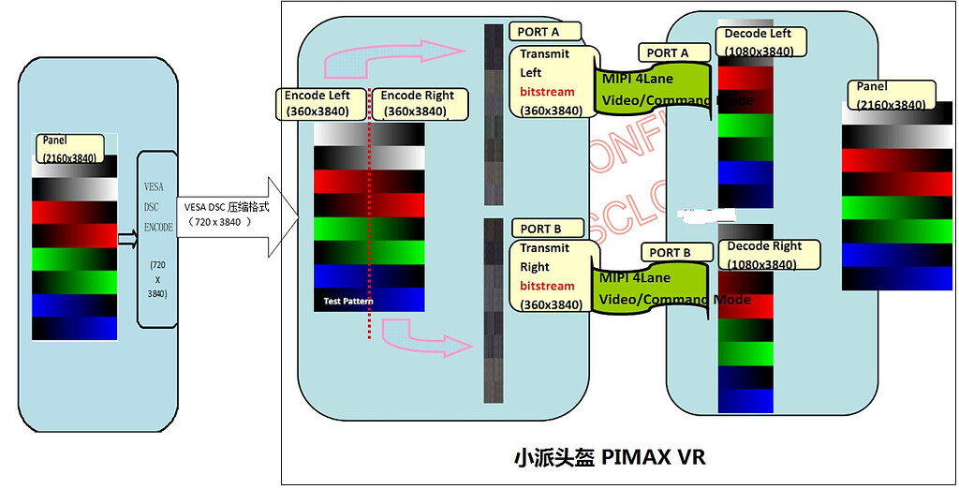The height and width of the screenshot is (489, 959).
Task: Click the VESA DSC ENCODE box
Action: [156, 238]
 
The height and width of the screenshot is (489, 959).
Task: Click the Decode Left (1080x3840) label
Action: [758, 42]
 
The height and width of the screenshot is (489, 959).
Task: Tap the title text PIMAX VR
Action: [609, 458]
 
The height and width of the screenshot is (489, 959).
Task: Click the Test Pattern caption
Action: [347, 302]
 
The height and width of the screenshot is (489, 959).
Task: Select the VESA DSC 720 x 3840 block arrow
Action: [234, 215]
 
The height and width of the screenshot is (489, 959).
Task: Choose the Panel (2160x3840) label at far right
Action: [890, 96]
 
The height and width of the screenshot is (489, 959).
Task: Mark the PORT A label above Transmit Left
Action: [544, 32]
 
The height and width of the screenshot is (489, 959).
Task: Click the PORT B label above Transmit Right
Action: [544, 229]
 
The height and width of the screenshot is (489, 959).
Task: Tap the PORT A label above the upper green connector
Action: [669, 53]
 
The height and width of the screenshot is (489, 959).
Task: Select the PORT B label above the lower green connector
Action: [671, 253]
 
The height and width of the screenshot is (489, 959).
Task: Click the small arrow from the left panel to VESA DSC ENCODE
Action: [126, 239]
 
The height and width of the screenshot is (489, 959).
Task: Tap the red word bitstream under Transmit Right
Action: [547, 286]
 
